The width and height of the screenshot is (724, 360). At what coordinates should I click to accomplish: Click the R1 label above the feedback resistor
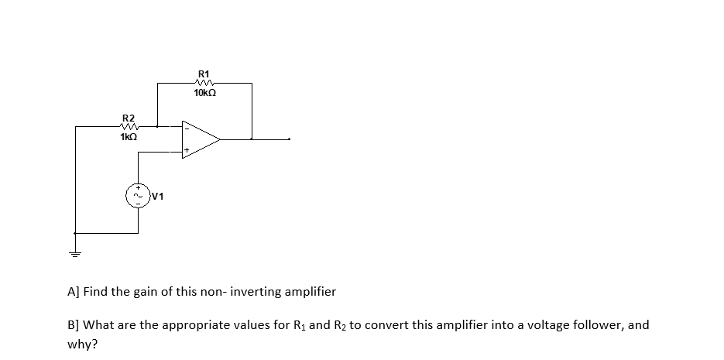205,73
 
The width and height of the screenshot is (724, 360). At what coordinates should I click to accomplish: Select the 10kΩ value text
205,93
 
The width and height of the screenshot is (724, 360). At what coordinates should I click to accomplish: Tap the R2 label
129,117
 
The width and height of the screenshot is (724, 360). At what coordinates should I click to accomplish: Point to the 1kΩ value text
129,137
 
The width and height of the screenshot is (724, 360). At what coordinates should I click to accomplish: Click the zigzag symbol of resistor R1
205,82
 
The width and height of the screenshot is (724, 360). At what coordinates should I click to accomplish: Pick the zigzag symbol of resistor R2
129,126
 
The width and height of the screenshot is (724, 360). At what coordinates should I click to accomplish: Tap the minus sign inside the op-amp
186,129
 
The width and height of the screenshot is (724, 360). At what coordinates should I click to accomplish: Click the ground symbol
75,252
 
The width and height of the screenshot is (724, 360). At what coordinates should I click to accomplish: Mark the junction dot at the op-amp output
251,139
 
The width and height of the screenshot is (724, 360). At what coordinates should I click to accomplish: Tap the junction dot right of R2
158,126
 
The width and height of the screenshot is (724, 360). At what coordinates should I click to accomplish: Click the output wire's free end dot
290,139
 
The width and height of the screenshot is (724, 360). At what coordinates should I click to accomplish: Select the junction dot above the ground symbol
75,233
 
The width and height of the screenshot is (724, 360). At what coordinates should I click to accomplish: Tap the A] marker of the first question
74,292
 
